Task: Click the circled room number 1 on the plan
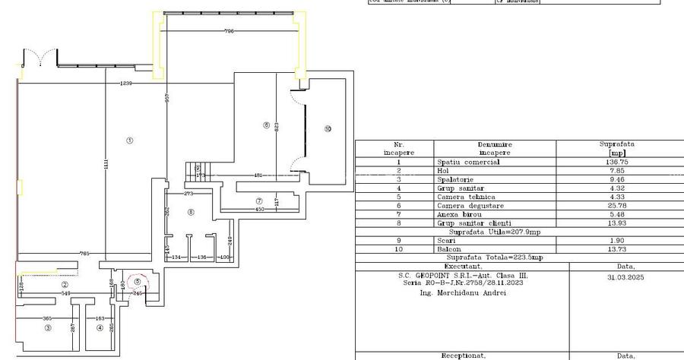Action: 129,140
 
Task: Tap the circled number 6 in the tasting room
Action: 266,125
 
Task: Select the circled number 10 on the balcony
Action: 328,128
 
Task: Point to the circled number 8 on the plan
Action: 191,212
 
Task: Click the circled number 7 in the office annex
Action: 259,200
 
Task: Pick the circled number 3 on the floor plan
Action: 47,328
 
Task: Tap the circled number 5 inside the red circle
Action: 137,281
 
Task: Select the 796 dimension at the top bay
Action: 229,31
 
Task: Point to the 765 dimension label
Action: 86,253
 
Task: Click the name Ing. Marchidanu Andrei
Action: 462,292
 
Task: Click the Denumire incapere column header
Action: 494,147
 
